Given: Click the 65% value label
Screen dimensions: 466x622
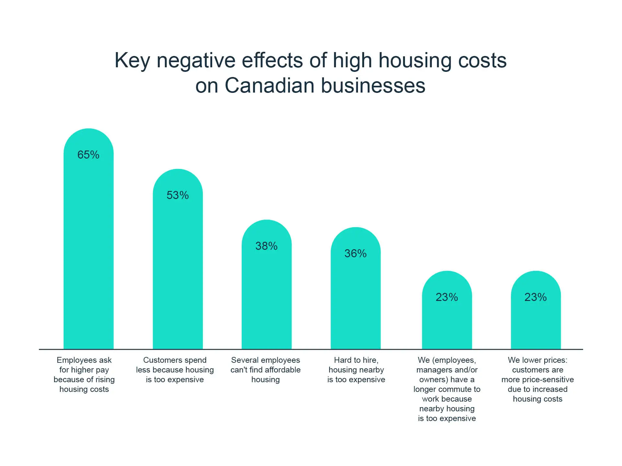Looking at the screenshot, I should [88, 155].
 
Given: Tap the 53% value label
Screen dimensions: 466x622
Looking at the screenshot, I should [178, 195].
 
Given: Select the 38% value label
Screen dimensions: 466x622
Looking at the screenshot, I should [266, 246].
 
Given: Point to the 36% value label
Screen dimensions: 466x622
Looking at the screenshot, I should [355, 253].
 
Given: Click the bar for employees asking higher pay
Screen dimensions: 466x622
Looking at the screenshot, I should [88, 252].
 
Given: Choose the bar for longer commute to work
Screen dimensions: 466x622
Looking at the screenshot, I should [447, 324].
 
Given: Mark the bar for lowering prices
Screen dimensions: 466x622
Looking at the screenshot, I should [536, 324].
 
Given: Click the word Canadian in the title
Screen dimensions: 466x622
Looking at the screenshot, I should [270, 86].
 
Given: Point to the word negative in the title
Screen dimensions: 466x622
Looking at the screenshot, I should [196, 61].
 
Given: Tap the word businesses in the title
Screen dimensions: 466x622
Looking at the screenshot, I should [373, 86].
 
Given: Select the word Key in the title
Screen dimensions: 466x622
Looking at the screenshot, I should [132, 61].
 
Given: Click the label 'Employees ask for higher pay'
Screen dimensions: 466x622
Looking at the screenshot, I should [84, 374].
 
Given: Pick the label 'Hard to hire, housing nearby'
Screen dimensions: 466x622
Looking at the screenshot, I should [356, 370].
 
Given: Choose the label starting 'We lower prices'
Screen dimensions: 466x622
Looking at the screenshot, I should [537, 379].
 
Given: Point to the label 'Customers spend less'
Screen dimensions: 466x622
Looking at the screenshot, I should [175, 370].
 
